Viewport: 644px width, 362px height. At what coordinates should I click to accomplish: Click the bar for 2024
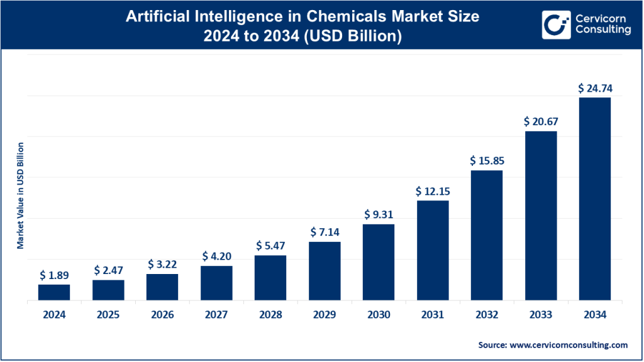tap(54, 292)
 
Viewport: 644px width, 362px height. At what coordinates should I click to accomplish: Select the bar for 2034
tap(595, 199)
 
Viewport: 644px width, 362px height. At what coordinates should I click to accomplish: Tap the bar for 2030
tap(379, 263)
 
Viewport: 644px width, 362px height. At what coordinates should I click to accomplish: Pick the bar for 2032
tap(487, 236)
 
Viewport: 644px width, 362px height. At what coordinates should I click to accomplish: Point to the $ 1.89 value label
tap(54, 275)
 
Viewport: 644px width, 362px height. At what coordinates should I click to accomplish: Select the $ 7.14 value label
tap(325, 233)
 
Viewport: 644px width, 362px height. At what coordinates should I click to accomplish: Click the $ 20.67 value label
tap(541, 122)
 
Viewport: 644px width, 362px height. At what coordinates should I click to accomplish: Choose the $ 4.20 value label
tap(216, 256)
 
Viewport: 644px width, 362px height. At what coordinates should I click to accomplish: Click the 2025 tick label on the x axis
tap(108, 315)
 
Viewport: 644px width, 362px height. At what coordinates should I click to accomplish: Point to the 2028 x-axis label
tap(270, 315)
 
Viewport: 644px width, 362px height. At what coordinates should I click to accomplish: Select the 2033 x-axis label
tap(541, 315)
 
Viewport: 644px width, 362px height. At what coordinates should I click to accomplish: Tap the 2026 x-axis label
tap(162, 315)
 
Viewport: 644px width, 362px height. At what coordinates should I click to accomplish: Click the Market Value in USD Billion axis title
tap(20, 195)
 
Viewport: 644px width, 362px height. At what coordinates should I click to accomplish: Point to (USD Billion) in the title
tap(356, 36)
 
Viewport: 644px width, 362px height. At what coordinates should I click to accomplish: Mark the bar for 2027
tap(216, 283)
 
